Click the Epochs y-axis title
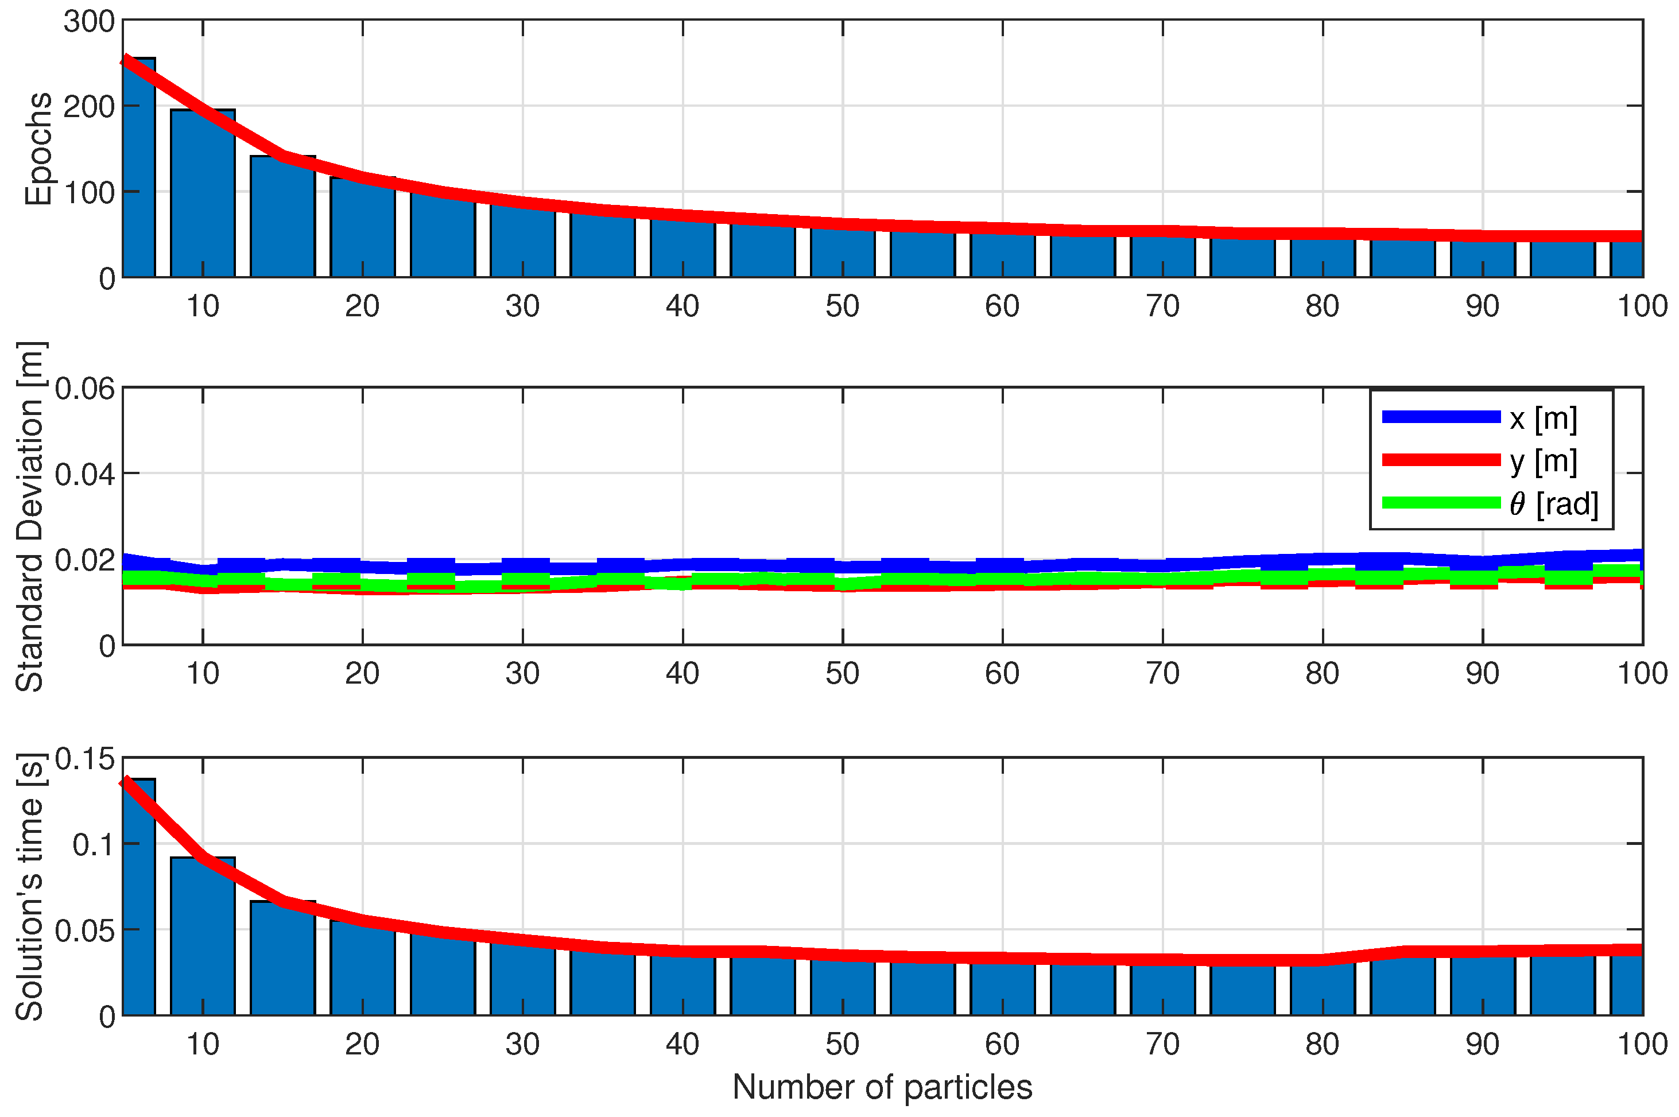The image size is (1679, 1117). point(38,149)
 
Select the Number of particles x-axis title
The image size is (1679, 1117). point(882,1087)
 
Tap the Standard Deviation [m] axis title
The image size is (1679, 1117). point(30,517)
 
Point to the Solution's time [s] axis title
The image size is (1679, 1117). point(30,887)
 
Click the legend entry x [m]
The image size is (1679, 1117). point(1542,419)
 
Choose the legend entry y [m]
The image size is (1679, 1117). point(1542,461)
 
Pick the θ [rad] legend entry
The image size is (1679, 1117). point(1553,503)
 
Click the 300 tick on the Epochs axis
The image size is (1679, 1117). point(89,21)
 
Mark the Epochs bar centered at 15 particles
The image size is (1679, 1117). point(282,218)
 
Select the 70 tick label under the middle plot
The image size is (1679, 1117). point(1162,674)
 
